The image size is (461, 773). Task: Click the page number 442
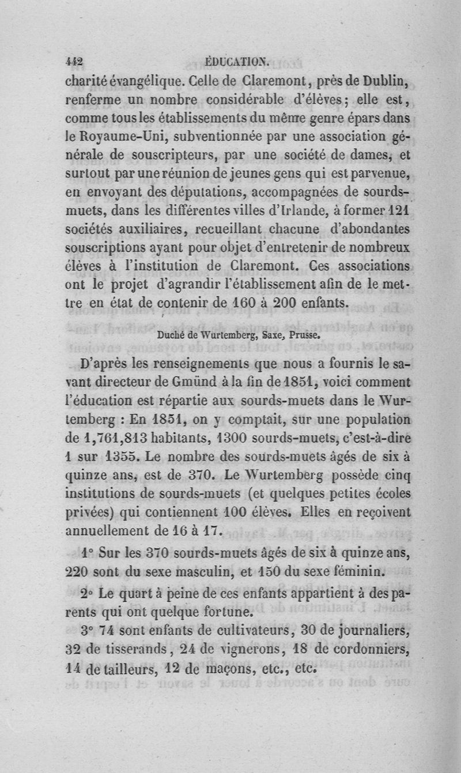(75, 62)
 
